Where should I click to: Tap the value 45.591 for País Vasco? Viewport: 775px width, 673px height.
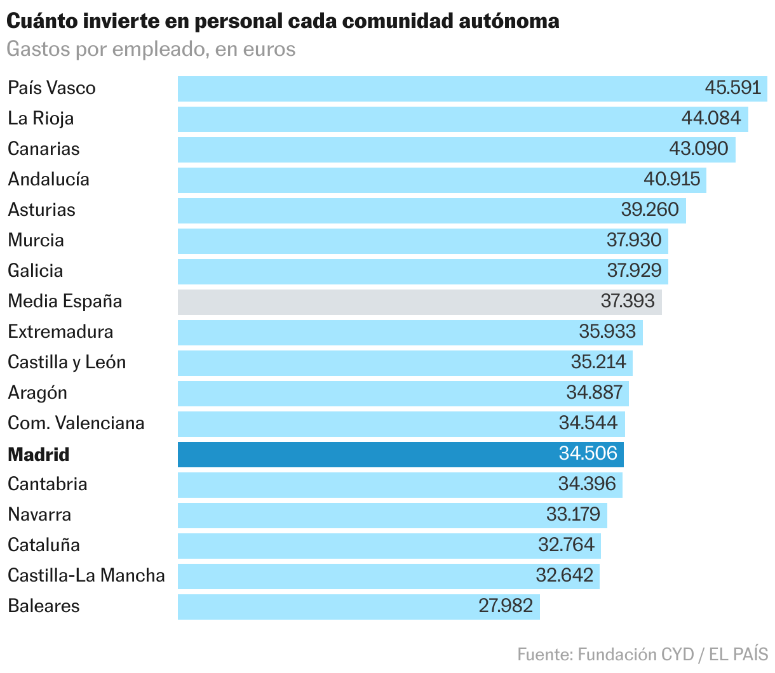click(x=732, y=88)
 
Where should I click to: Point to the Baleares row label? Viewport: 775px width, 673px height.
click(x=44, y=606)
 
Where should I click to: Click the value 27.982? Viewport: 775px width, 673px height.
click(x=506, y=606)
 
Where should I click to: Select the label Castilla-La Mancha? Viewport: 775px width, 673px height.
click(x=86, y=575)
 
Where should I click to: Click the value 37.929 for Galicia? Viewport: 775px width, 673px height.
click(x=634, y=270)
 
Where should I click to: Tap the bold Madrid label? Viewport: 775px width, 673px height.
click(x=39, y=455)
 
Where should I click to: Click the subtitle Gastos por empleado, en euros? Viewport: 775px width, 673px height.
click(x=151, y=50)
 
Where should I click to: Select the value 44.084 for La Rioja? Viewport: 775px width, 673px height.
click(x=711, y=118)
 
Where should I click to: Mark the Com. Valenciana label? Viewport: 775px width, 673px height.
click(x=76, y=423)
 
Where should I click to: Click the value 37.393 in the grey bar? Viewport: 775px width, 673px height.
click(x=628, y=301)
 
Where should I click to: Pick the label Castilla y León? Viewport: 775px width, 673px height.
click(x=67, y=362)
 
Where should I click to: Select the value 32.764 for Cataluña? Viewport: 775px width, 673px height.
click(x=566, y=545)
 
